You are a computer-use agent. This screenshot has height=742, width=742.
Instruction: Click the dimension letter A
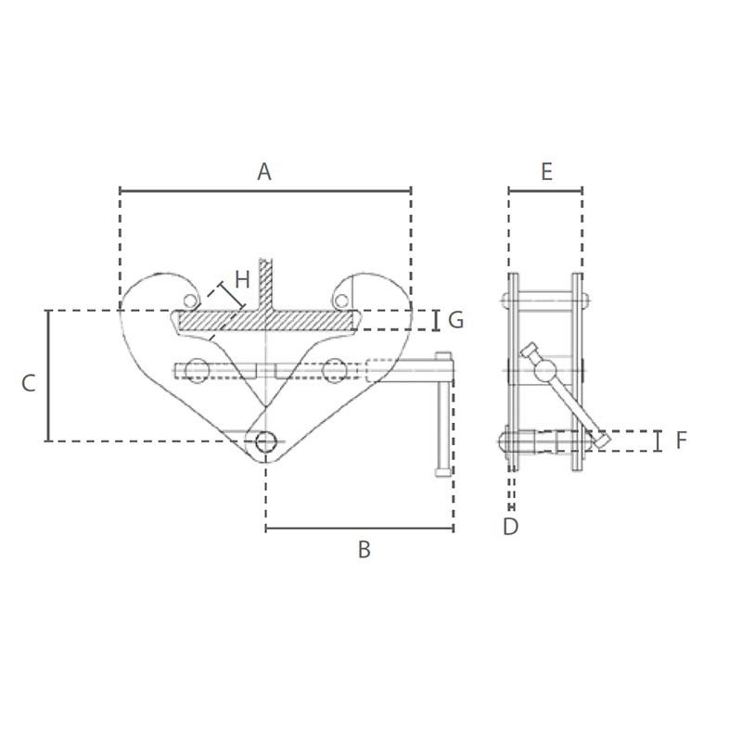tap(264, 172)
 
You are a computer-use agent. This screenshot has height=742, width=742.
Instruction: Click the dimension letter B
tap(364, 550)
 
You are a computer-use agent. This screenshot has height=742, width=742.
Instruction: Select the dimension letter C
tap(29, 382)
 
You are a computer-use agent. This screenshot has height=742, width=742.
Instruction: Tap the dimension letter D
tap(511, 527)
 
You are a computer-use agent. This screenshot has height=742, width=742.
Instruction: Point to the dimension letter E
tap(546, 172)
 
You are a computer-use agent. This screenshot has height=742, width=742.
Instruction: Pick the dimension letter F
tap(681, 441)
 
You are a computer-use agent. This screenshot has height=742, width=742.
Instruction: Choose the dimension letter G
tap(455, 320)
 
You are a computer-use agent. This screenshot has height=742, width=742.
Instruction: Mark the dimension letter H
tap(242, 279)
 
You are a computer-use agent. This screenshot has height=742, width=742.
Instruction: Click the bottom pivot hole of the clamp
tap(266, 442)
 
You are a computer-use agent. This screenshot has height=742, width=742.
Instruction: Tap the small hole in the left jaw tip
tap(190, 300)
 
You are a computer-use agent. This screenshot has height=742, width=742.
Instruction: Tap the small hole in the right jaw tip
tap(342, 300)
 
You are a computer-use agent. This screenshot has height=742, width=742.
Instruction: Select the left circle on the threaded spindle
tap(196, 371)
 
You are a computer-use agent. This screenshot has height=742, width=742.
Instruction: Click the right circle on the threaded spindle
tap(334, 371)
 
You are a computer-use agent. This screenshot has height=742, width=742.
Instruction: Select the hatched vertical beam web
tap(266, 283)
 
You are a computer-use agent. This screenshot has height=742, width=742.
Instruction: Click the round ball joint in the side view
tap(544, 371)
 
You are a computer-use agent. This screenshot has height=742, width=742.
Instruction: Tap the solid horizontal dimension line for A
tap(264, 191)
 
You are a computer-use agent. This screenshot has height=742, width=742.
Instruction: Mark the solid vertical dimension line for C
tap(48, 376)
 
